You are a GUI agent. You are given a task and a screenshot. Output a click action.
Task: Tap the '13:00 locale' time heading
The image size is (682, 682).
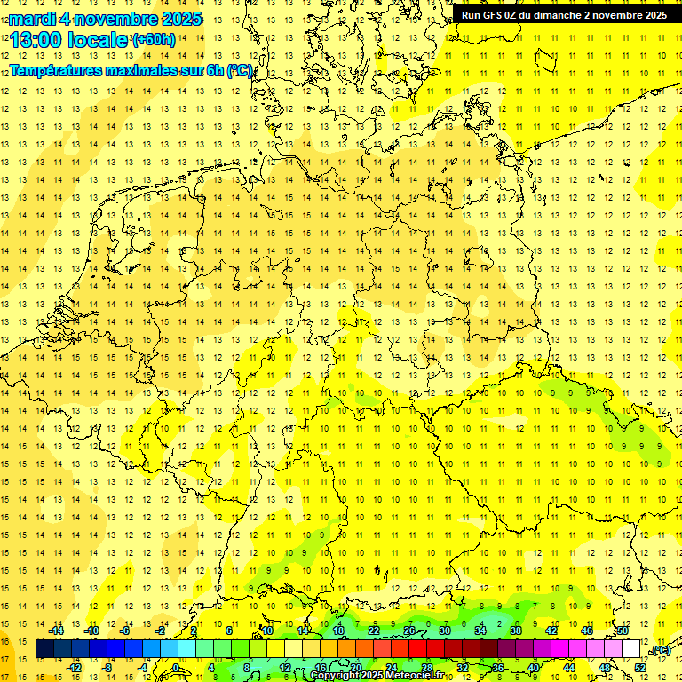pos(69,40)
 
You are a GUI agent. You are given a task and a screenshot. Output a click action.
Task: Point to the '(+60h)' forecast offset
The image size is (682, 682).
pos(154,40)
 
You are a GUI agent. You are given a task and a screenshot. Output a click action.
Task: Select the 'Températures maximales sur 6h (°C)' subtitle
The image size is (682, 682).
pos(131,70)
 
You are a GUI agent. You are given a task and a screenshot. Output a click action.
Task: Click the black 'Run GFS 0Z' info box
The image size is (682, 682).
pos(565,14)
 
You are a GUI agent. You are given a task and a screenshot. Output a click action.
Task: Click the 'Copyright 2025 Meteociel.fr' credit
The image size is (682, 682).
pos(377,676)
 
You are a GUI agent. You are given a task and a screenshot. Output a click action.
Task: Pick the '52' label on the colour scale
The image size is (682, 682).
pos(640,668)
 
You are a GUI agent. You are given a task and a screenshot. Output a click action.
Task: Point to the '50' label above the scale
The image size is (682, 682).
pos(623,630)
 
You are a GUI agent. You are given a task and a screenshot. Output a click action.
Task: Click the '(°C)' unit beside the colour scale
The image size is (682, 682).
pos(660,651)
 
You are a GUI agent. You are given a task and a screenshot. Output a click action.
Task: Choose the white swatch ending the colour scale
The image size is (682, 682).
pos(631,649)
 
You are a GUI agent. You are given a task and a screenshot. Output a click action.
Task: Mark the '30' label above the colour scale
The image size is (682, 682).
pos(444,630)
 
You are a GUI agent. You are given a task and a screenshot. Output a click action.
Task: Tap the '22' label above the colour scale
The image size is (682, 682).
pos(374,630)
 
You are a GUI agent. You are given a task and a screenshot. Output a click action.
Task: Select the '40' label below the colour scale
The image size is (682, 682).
pos(534,668)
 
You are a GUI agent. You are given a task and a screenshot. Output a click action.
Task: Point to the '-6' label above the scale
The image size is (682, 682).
pos(127,630)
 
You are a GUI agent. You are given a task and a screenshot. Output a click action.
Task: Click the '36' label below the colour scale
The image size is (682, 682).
pos(498,668)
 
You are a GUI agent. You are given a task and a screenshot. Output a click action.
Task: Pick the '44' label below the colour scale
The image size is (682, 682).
pos(569,668)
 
